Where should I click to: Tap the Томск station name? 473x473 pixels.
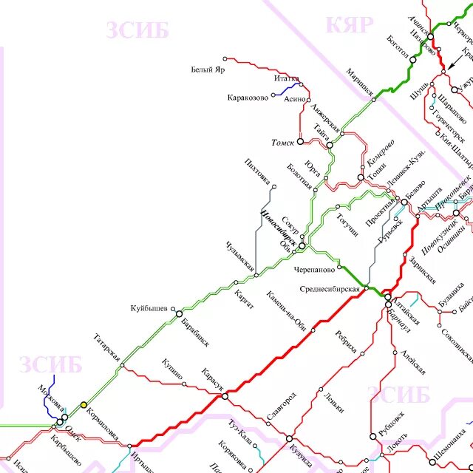click(282, 142)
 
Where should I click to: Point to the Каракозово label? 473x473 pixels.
click(248, 98)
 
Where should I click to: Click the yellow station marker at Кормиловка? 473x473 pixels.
click(84, 405)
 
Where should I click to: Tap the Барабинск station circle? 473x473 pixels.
click(179, 314)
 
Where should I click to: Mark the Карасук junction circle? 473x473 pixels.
click(225, 397)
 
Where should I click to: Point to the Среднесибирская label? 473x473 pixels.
click(330, 288)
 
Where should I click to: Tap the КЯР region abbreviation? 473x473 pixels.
click(350, 24)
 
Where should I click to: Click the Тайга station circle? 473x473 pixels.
click(330, 145)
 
